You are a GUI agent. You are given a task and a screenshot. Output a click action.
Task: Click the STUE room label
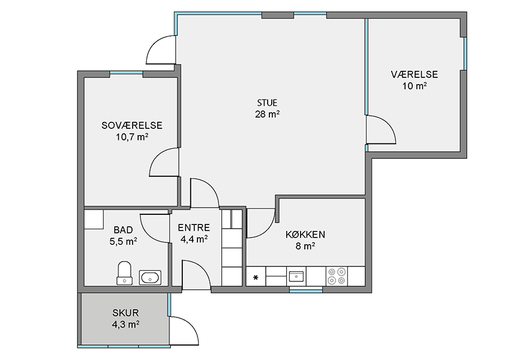click(268, 103)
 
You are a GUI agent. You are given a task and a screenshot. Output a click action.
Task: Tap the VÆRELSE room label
click(415, 74)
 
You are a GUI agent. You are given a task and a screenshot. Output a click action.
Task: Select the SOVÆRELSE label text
click(132, 125)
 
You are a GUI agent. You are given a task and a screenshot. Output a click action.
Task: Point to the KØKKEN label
click(305, 234)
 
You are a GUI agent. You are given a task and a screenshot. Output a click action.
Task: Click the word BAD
click(123, 230)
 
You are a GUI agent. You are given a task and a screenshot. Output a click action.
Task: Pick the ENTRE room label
click(194, 227)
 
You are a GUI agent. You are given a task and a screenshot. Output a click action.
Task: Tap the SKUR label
click(125, 313)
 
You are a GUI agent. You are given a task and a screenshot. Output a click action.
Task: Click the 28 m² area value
click(268, 114)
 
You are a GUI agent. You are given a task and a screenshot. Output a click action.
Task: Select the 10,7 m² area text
click(132, 137)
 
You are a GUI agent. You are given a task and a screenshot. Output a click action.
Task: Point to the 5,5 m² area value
click(123, 242)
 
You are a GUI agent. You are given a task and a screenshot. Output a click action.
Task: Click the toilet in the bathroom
click(124, 273)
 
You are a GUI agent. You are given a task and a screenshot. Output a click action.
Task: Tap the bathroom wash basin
click(150, 278)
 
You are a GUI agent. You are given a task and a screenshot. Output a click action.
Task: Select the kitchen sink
click(296, 277)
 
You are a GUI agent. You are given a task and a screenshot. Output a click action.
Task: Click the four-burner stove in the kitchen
click(337, 276)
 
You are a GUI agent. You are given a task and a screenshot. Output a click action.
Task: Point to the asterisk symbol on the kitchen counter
click(256, 277)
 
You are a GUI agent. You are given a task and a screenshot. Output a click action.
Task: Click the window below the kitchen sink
click(306, 291)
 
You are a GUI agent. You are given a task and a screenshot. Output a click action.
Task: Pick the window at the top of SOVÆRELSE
click(126, 73)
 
